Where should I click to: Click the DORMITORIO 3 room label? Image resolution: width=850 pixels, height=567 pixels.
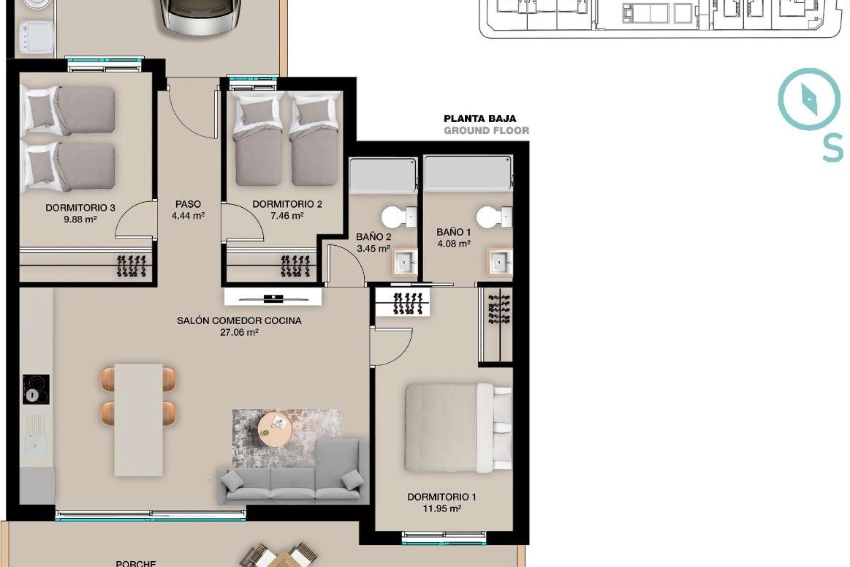click(x=80, y=207)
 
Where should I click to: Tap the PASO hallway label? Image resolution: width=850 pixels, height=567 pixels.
click(x=188, y=204)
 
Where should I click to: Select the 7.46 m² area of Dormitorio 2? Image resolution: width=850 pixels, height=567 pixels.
click(x=287, y=216)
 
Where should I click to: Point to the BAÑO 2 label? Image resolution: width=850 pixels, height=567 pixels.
click(x=373, y=237)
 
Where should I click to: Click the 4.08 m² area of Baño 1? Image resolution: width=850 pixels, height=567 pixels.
click(x=454, y=243)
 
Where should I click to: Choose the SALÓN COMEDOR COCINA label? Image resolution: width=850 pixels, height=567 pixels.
click(x=239, y=321)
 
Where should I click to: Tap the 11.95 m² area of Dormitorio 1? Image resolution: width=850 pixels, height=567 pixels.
click(x=442, y=509)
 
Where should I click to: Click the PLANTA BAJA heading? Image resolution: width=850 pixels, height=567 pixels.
click(x=480, y=118)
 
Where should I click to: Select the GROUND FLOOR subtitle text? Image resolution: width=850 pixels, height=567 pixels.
click(x=486, y=130)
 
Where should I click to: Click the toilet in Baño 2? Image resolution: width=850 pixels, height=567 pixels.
click(x=399, y=217)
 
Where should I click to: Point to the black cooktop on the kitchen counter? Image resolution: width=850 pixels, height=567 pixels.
click(x=36, y=389)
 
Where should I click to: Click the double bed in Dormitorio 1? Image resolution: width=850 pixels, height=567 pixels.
click(x=458, y=428)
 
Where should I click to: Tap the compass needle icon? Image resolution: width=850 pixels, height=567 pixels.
click(x=809, y=99)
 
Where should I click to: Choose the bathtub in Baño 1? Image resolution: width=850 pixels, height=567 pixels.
click(x=468, y=173)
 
